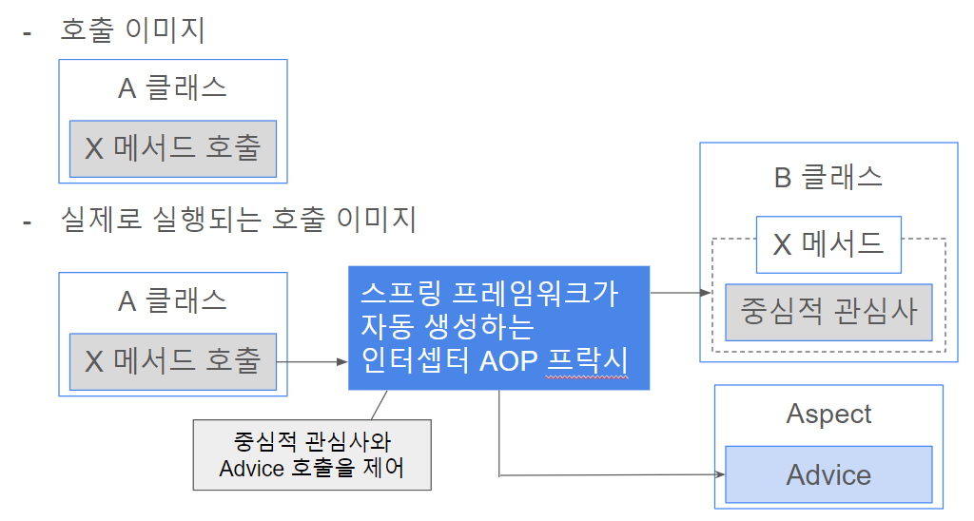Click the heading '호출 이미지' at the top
pyautogui.click(x=132, y=29)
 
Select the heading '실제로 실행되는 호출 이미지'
pyautogui.click(x=238, y=220)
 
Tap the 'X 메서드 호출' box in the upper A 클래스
pyautogui.click(x=173, y=149)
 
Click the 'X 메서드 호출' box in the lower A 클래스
pyautogui.click(x=173, y=362)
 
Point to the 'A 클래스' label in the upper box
pyautogui.click(x=173, y=87)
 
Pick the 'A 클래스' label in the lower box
pyautogui.click(x=173, y=300)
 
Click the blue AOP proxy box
pyautogui.click(x=498, y=328)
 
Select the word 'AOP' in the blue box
pyautogui.click(x=509, y=360)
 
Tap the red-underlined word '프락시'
pyautogui.click(x=587, y=360)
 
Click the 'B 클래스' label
pyautogui.click(x=828, y=177)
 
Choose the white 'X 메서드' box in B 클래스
pyautogui.click(x=828, y=244)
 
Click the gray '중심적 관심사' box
pyautogui.click(x=828, y=313)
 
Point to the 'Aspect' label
pyautogui.click(x=828, y=415)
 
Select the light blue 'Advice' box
pyautogui.click(x=828, y=474)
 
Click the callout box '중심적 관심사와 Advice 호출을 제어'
pyautogui.click(x=312, y=455)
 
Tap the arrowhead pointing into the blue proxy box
pyautogui.click(x=342, y=361)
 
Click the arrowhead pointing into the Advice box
pyautogui.click(x=720, y=475)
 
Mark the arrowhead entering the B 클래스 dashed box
pyautogui.click(x=706, y=293)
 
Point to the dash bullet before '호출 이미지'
pyautogui.click(x=27, y=33)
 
